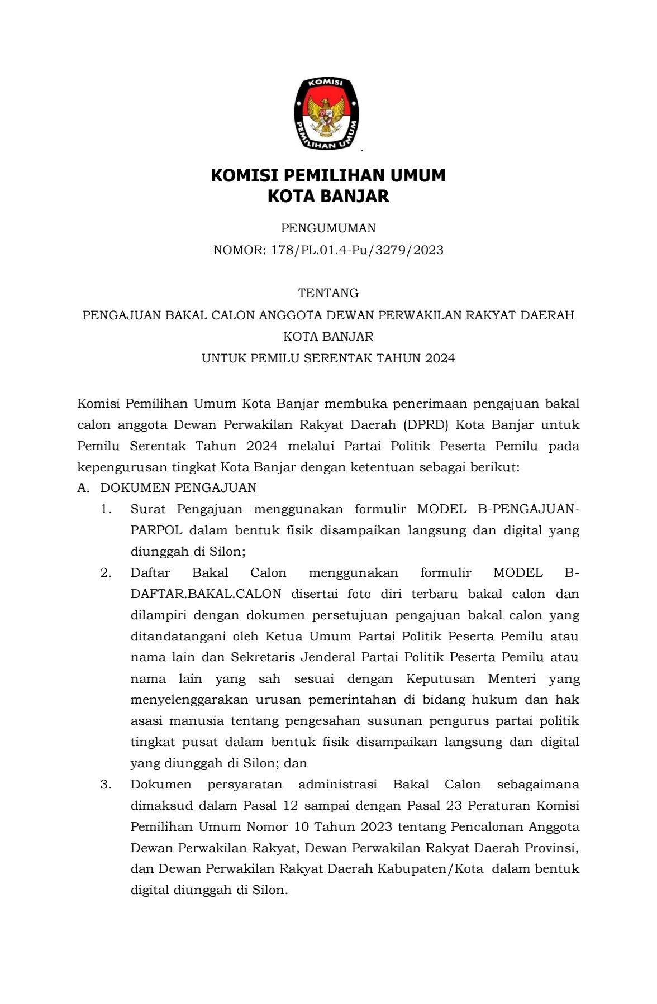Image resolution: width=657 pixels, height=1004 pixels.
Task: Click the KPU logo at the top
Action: point(327,114)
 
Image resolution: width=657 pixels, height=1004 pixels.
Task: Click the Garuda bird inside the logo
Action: point(327,115)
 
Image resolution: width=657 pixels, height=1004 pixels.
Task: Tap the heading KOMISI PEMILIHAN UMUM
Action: point(328,175)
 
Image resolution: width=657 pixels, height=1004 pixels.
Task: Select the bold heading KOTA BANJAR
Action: point(328,197)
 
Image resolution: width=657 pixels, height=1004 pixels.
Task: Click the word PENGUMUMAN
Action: point(328,228)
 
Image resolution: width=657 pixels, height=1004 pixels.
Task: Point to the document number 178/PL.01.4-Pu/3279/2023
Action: point(357,250)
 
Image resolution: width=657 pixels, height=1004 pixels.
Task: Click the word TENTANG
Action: point(328,293)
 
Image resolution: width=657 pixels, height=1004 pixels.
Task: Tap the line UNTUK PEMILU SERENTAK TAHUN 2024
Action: point(328,358)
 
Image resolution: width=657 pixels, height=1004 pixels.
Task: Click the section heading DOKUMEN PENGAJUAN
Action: point(178,487)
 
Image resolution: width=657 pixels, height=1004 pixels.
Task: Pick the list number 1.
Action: point(106,509)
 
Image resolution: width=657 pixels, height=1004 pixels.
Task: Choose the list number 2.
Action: point(106,572)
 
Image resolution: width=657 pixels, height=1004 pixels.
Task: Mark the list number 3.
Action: point(106,784)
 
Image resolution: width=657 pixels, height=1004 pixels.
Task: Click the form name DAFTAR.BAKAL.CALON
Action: point(206,594)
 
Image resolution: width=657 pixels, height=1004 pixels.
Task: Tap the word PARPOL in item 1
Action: point(156,530)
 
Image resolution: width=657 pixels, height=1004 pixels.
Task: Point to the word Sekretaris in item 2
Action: point(263,657)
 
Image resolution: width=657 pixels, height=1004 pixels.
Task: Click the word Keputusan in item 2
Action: point(440,678)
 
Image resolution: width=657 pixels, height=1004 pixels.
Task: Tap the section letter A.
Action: point(83,487)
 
